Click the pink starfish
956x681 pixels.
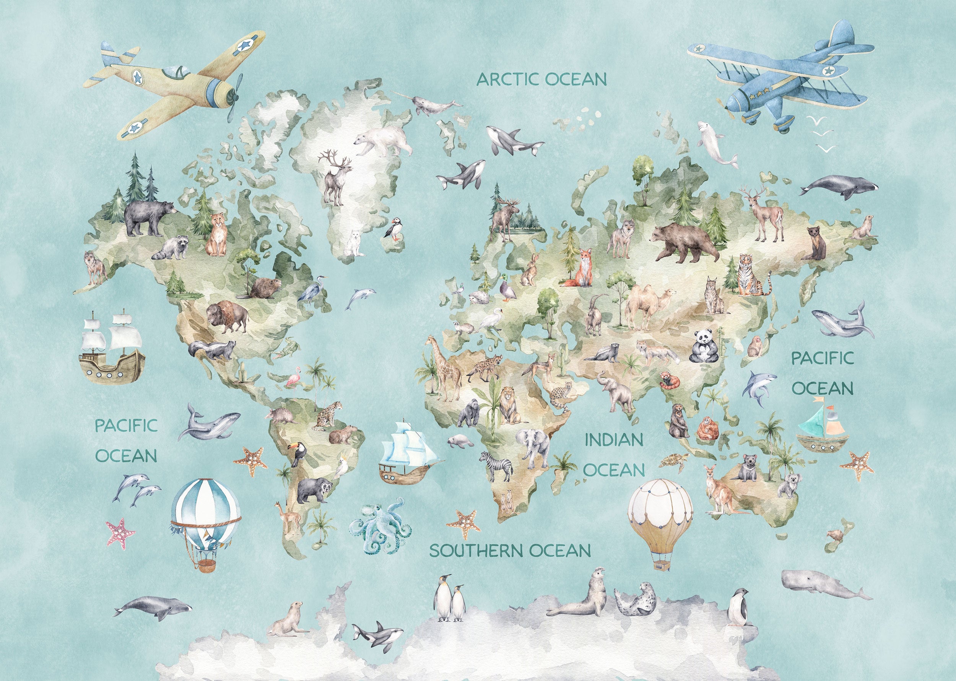120,533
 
